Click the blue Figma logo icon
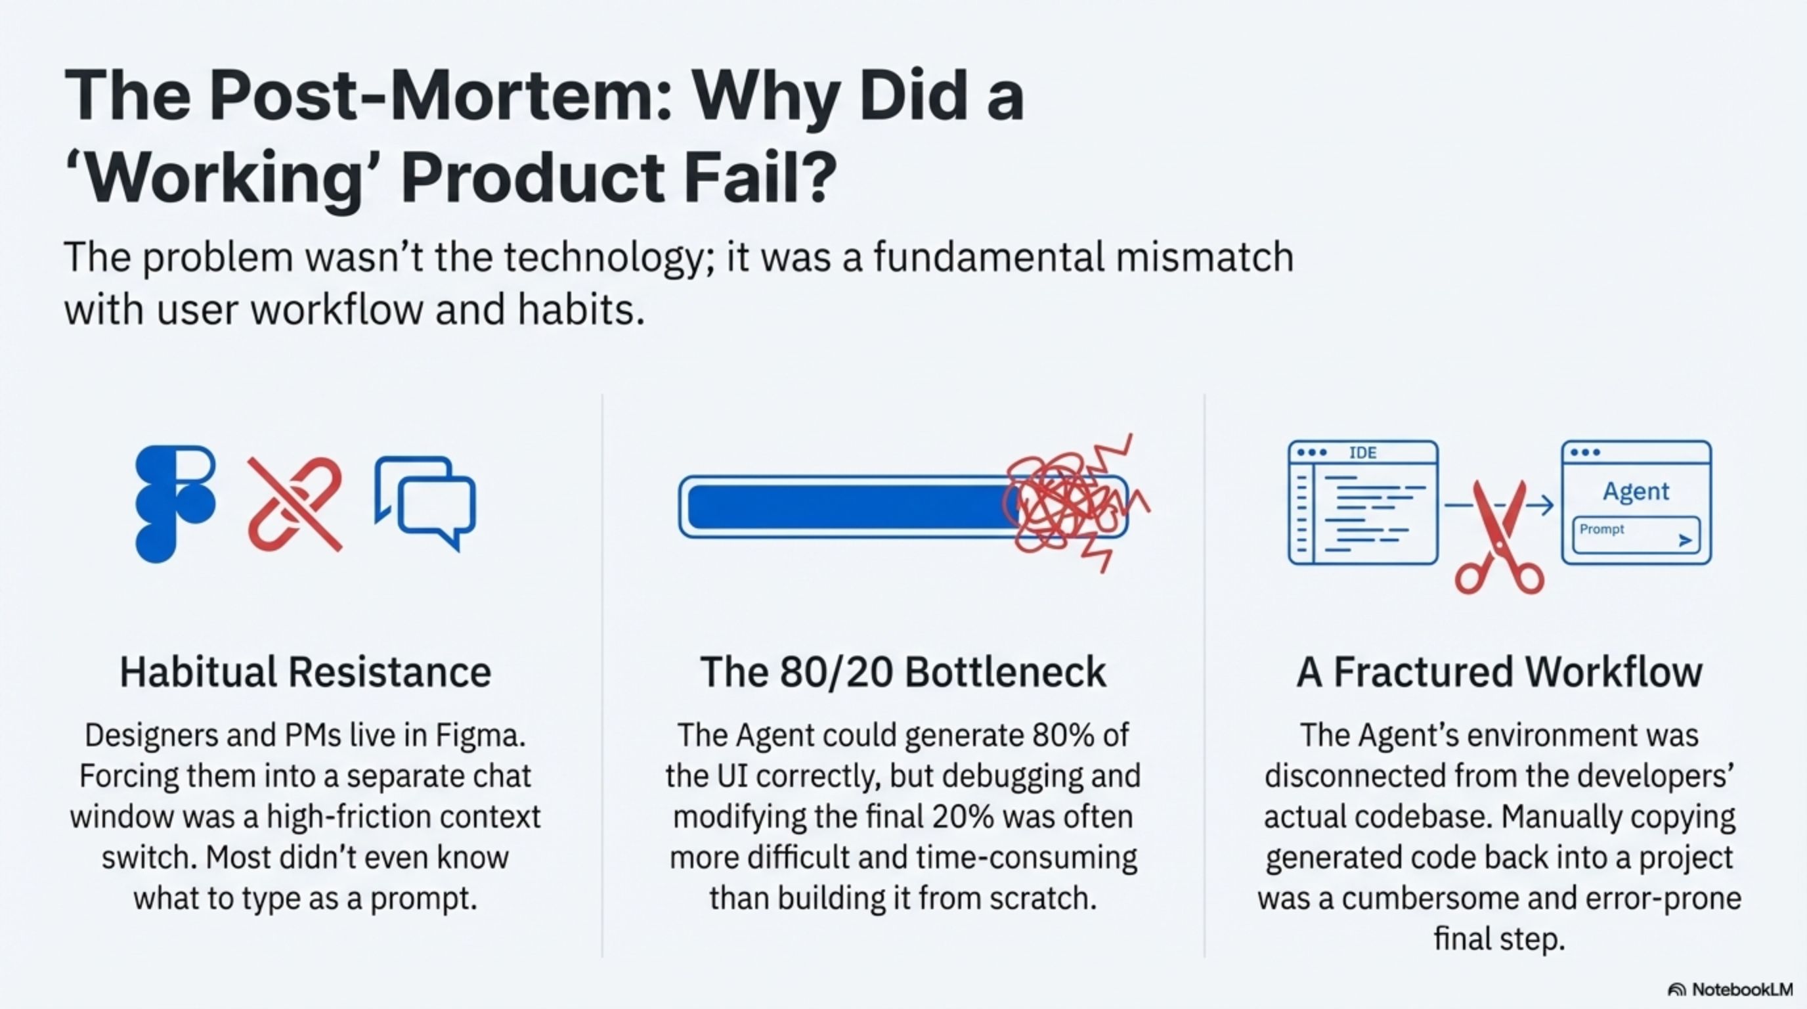tap(175, 504)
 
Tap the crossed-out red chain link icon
tap(295, 503)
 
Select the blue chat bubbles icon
tap(425, 503)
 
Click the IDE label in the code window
tap(1362, 453)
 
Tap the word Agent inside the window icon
tap(1636, 491)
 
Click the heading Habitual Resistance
tap(305, 671)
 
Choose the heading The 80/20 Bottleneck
tap(903, 671)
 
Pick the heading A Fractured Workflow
tap(1499, 671)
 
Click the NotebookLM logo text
tap(1742, 989)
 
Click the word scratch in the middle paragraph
tap(1043, 898)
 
